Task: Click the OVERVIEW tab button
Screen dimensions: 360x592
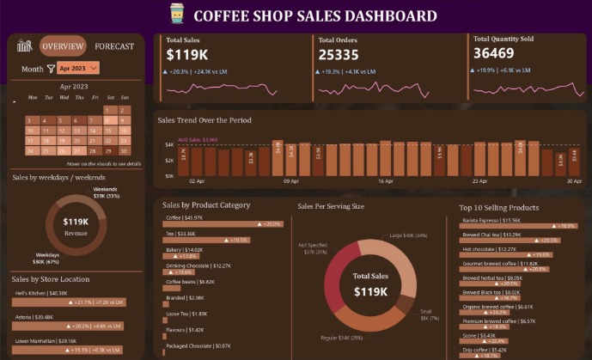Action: point(63,46)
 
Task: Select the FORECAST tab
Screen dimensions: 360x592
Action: point(114,46)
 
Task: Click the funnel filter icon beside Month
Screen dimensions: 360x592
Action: point(51,68)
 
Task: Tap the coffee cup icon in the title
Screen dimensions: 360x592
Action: point(176,15)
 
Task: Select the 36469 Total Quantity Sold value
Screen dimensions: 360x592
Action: point(494,54)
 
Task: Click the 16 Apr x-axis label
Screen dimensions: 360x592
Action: point(384,182)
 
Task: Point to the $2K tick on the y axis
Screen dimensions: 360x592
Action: point(170,160)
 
